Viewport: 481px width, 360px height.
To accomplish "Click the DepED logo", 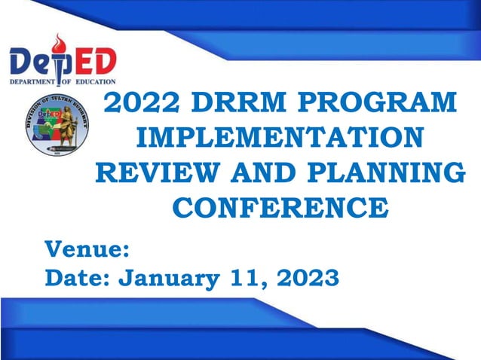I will pyautogui.click(x=63, y=59).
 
